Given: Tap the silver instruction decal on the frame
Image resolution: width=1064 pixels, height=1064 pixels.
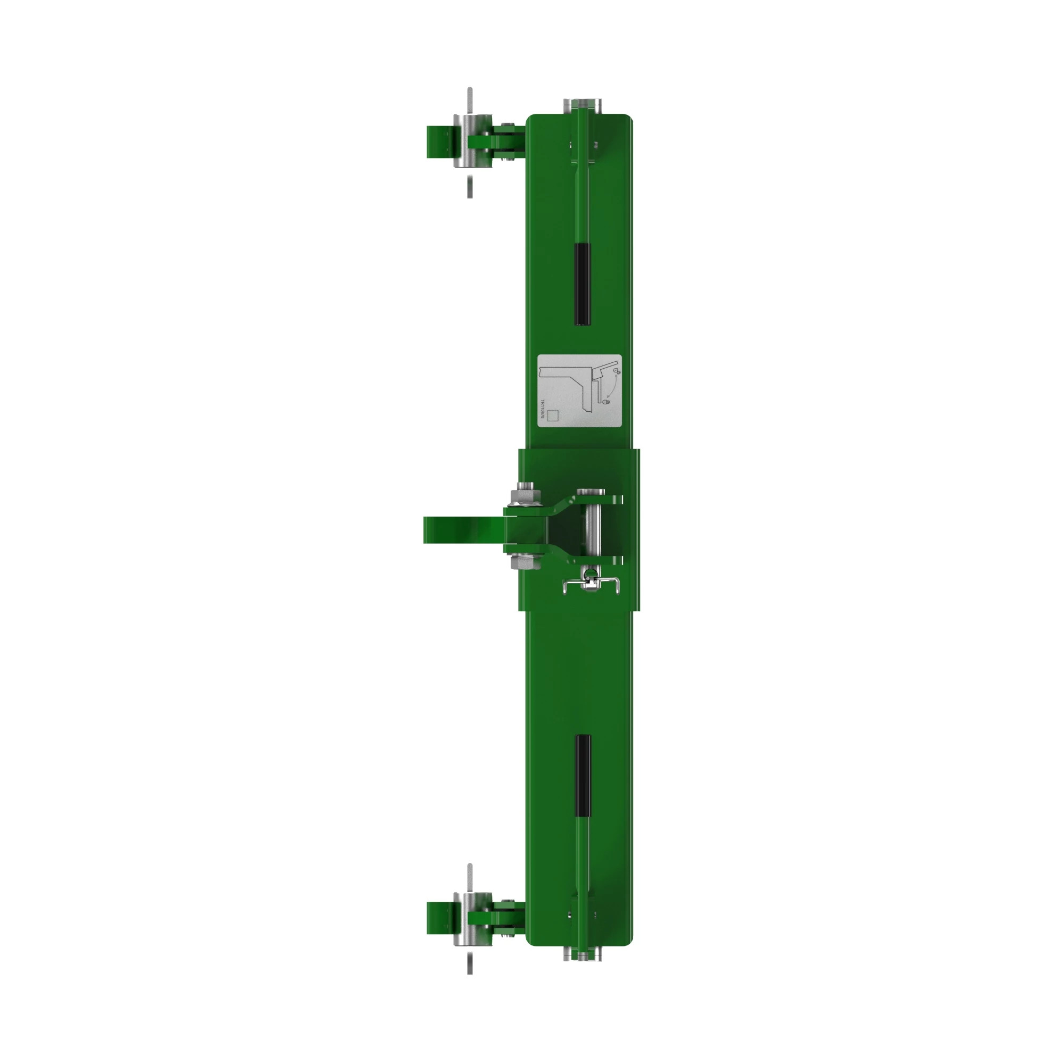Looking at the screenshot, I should [579, 390].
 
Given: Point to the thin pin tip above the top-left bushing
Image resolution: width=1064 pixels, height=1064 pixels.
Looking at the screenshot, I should [470, 99].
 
